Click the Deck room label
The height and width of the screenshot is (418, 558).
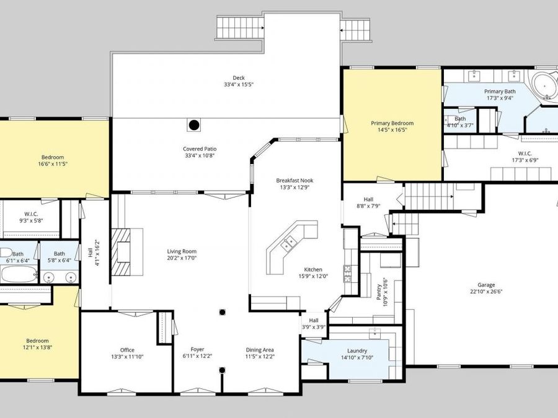239,78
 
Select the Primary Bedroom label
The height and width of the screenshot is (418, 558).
392,123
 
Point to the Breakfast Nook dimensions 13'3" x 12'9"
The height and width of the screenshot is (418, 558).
294,187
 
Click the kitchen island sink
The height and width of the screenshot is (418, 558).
289,243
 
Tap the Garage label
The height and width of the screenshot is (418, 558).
486,285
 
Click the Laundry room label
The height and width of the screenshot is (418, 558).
357,351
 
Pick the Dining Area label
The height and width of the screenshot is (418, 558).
260,350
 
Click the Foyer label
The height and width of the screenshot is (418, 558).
198,349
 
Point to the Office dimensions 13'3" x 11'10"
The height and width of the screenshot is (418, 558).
127,357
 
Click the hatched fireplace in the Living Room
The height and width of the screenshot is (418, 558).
121,251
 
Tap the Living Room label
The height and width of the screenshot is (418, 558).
182,251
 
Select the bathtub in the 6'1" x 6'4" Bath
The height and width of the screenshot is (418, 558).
19,274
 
